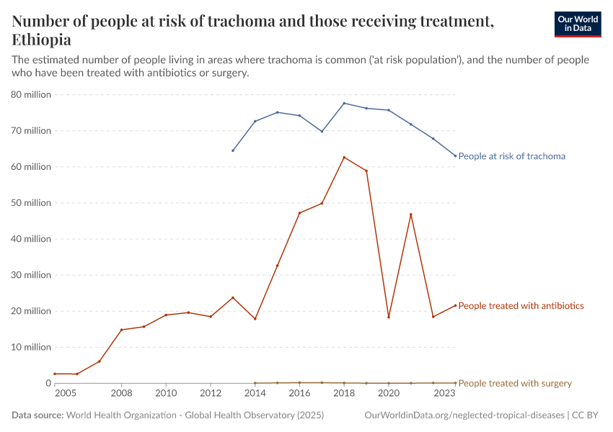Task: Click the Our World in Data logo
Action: click(x=577, y=24)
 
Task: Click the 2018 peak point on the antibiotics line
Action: click(x=344, y=157)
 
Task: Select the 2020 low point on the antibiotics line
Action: click(x=389, y=317)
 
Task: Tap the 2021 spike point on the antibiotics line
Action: click(x=411, y=215)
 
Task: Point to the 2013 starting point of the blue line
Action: click(x=233, y=150)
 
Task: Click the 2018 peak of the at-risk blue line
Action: click(x=344, y=103)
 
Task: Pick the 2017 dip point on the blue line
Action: click(x=322, y=131)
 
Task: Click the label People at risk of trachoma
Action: click(x=511, y=156)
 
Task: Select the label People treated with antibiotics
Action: click(x=521, y=306)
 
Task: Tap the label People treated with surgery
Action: click(x=515, y=383)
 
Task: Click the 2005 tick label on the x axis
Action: click(x=65, y=394)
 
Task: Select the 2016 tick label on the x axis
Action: click(x=299, y=394)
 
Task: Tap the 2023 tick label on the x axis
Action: click(x=444, y=394)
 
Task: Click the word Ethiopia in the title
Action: click(x=41, y=40)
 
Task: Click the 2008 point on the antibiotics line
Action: click(x=121, y=330)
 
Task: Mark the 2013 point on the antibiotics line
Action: click(x=233, y=297)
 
